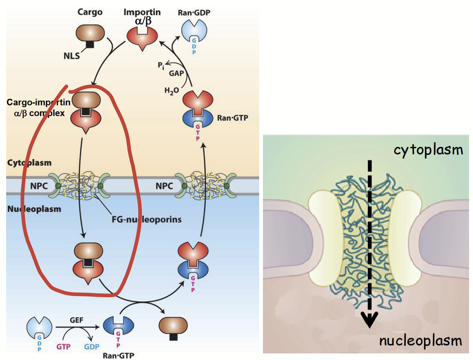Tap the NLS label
(72, 57)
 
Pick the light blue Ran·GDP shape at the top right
(194, 34)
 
